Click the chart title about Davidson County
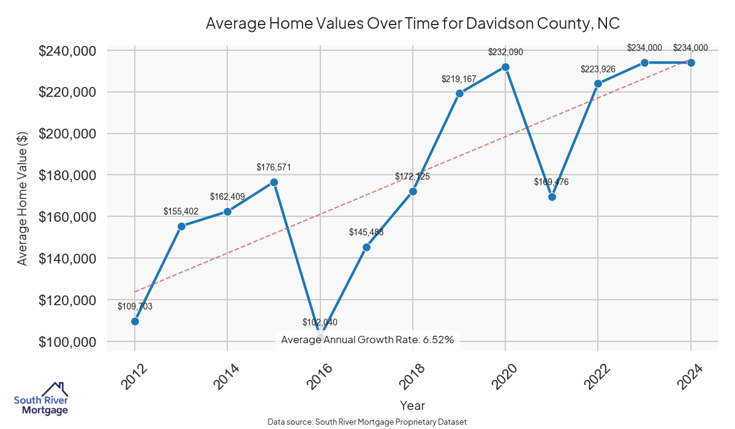pos(413,24)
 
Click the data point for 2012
pos(135,321)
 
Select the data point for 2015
pos(274,182)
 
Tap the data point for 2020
pos(505,67)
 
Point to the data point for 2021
pos(552,197)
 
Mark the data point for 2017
pos(366,247)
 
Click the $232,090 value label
pos(505,52)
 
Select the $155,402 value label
pos(181,211)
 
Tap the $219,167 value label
pos(459,79)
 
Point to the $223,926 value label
pos(598,69)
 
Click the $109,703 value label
pos(135,306)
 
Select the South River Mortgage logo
pos(41,400)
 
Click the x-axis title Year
pos(412,406)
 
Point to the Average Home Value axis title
pos(23,196)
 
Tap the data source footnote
pos(367,422)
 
